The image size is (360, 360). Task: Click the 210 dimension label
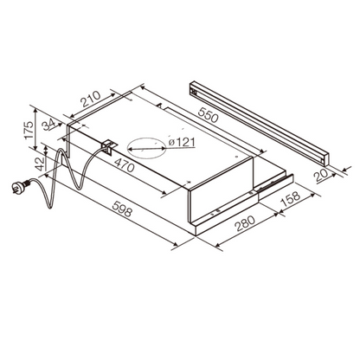point(91,99)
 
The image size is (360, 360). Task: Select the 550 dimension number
point(208,113)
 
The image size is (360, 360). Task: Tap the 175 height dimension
point(29,130)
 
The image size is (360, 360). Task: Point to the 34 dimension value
point(48,125)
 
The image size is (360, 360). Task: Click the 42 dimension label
point(40,164)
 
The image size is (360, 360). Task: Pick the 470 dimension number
point(125,164)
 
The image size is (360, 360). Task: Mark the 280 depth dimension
point(245,223)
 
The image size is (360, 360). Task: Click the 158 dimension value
point(291,198)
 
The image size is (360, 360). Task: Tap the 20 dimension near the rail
point(321,175)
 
